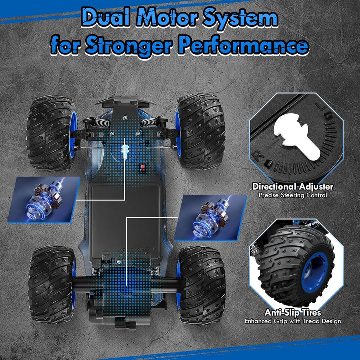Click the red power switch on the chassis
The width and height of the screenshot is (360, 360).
pos(143,167)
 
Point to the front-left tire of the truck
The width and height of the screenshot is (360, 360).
pos(51,133)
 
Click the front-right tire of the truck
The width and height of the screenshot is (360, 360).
pos(200,131)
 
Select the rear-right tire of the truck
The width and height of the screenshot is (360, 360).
pos(201,285)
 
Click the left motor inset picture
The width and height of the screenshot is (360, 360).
pos(44,200)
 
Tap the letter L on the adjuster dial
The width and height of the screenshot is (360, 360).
pos(320,107)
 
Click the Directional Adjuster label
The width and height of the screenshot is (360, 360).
pos(293,186)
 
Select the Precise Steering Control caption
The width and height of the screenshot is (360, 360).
pos(293,195)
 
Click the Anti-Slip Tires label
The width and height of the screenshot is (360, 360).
pos(293,312)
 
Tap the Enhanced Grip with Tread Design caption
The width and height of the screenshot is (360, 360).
pos(293,321)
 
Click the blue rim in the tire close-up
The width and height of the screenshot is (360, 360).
pos(316,271)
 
